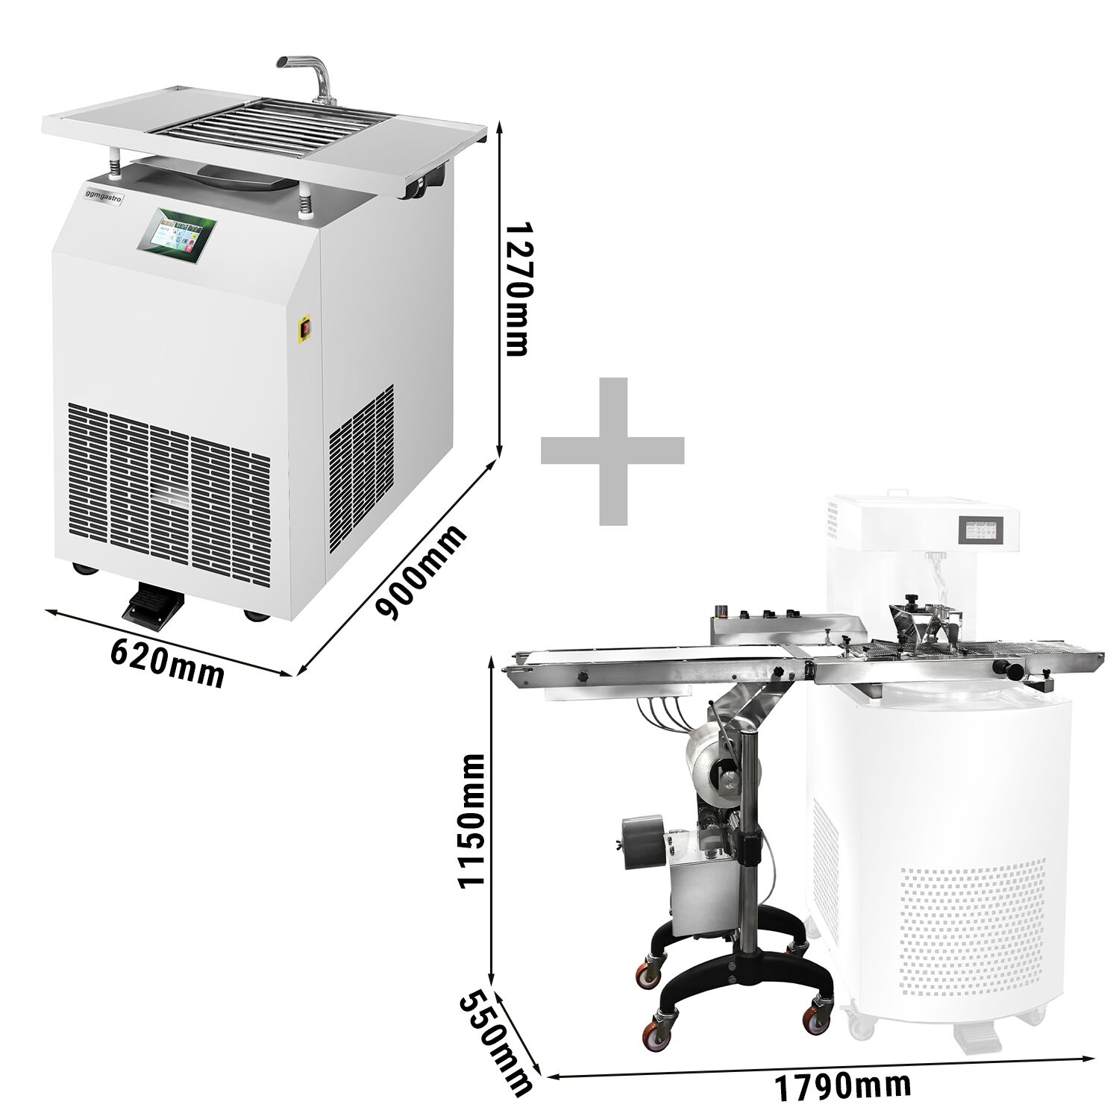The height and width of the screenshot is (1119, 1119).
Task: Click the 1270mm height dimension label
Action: pyautogui.click(x=518, y=289)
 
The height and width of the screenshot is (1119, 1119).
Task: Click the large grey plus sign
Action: pyautogui.click(x=612, y=451)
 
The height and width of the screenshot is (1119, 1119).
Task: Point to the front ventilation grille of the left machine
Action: pyautogui.click(x=169, y=497)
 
